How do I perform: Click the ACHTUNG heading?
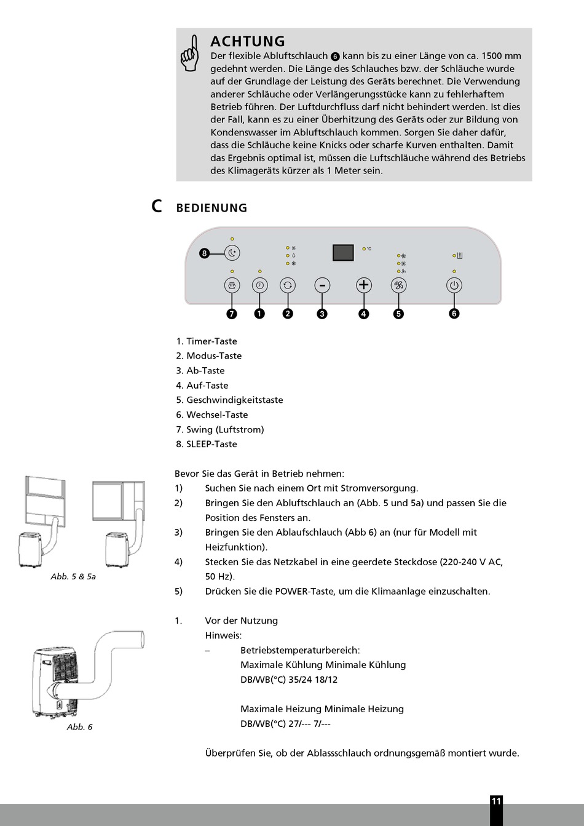tap(248, 41)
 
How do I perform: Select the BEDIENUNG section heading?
tap(211, 208)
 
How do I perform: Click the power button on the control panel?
tap(454, 285)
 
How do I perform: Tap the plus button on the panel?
tap(364, 285)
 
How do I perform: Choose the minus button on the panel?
tap(322, 285)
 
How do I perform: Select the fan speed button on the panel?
tap(399, 285)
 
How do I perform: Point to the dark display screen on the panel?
tap(343, 252)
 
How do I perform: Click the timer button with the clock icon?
tap(259, 285)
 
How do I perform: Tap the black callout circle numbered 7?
tap(232, 314)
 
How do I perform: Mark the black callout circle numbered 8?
tap(205, 253)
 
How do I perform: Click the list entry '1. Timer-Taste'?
tap(207, 341)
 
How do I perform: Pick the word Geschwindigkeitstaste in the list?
tap(235, 400)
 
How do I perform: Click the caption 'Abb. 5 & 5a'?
tap(73, 576)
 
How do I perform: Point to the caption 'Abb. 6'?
tap(80, 727)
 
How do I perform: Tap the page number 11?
tap(496, 801)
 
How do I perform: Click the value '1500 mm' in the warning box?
tap(501, 56)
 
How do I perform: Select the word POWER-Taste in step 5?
tap(305, 592)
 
